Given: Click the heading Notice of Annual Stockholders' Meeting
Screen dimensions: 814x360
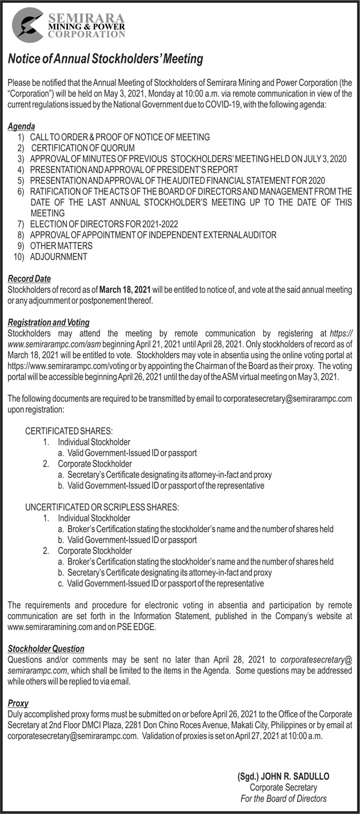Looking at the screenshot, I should point(106,59).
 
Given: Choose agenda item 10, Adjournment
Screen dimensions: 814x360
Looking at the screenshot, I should point(59,257).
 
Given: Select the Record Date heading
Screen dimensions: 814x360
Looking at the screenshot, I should point(29,279).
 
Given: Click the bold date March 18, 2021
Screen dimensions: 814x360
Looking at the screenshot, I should point(125,290).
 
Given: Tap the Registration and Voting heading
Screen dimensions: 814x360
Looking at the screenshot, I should point(49,322).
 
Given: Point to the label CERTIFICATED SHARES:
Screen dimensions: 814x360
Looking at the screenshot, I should point(69,430).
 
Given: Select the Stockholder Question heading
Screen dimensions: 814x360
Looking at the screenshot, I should point(46,649).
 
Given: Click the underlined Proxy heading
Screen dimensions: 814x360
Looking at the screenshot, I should point(18,703).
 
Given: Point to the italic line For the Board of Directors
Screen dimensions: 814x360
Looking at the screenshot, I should point(283,799).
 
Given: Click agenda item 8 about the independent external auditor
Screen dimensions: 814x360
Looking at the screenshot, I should point(153,235).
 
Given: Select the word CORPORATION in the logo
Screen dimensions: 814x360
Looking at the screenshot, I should point(86,34).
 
